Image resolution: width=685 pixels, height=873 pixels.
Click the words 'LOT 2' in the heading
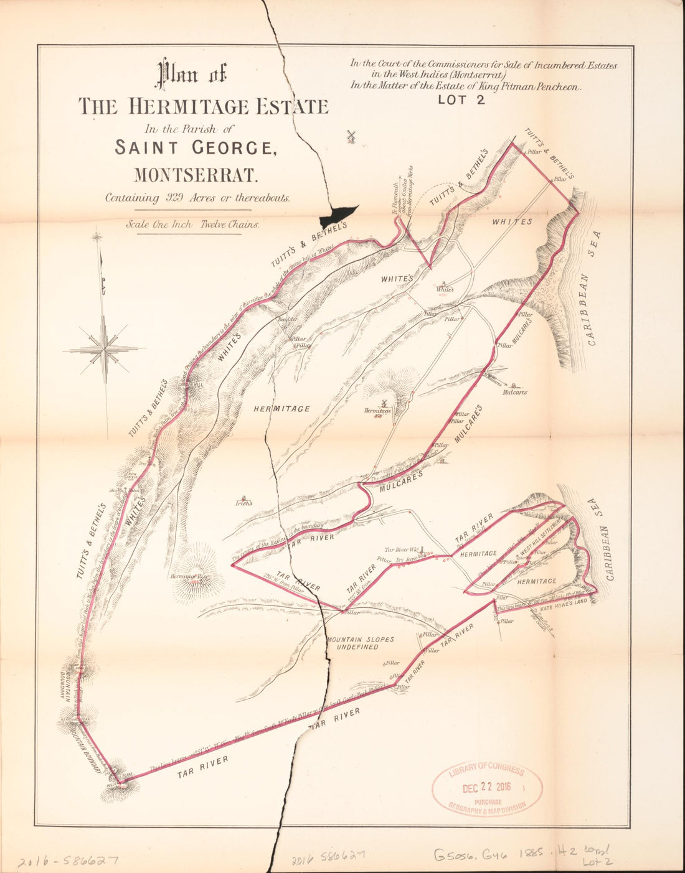coord(461,101)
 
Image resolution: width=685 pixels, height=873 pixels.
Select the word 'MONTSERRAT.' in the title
coord(196,175)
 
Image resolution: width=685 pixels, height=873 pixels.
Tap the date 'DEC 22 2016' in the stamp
coord(486,787)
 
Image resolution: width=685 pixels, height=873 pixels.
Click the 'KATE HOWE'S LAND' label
coord(563,602)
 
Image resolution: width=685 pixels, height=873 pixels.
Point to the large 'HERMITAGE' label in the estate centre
coord(282,409)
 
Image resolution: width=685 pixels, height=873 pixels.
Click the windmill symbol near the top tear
coord(351,136)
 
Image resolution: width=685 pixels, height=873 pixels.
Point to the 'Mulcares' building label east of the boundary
coord(515,393)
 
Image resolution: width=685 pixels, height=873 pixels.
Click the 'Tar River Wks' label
coord(402,550)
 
